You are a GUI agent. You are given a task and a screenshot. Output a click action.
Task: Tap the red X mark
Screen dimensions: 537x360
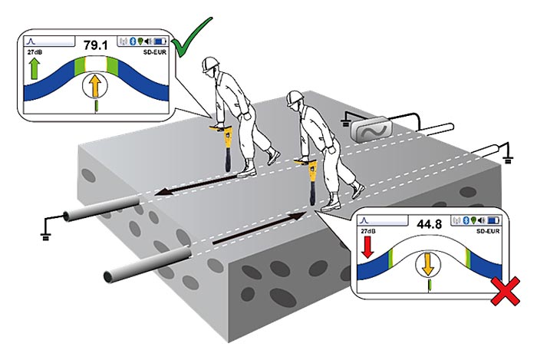505,291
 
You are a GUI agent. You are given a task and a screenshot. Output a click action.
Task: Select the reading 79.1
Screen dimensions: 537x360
96,45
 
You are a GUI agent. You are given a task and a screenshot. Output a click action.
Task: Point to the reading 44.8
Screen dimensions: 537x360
430,224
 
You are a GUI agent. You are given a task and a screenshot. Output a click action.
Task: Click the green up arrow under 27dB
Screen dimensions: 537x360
35,68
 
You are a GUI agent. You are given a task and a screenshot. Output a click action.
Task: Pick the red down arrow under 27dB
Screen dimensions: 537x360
367,246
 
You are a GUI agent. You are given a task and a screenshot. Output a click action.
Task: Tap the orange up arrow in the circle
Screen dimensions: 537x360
95,86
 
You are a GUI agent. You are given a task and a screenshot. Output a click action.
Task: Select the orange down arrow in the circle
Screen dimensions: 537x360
428,264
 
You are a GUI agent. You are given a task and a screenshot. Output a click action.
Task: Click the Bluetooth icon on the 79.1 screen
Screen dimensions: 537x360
133,41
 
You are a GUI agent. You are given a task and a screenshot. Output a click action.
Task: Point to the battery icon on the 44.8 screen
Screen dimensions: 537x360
493,220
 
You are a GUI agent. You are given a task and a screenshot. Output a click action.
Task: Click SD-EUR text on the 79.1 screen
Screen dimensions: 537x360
155,52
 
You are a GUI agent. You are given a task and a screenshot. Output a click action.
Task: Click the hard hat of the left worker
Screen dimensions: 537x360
210,64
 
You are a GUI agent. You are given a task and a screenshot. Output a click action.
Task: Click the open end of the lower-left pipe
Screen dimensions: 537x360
109,276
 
